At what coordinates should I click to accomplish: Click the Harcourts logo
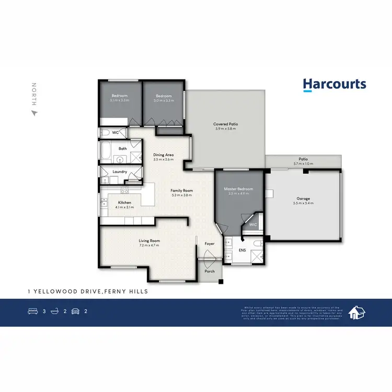click(x=335, y=85)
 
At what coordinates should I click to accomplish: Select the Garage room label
click(x=304, y=199)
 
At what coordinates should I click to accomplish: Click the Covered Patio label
click(x=226, y=124)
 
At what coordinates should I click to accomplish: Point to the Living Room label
click(x=149, y=240)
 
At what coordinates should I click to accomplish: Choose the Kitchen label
click(x=124, y=202)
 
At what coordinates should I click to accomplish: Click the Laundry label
click(x=120, y=171)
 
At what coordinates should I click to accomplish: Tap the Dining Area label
click(x=163, y=155)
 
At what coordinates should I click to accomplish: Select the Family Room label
click(x=182, y=191)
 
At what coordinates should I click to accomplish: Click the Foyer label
click(x=210, y=244)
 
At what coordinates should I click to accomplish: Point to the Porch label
click(x=210, y=271)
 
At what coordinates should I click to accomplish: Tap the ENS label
click(x=243, y=250)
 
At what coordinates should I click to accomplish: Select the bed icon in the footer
click(x=32, y=312)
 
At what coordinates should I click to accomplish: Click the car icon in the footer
click(x=75, y=312)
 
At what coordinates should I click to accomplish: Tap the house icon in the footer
click(x=358, y=312)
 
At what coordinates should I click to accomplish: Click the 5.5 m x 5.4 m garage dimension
click(x=304, y=203)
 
